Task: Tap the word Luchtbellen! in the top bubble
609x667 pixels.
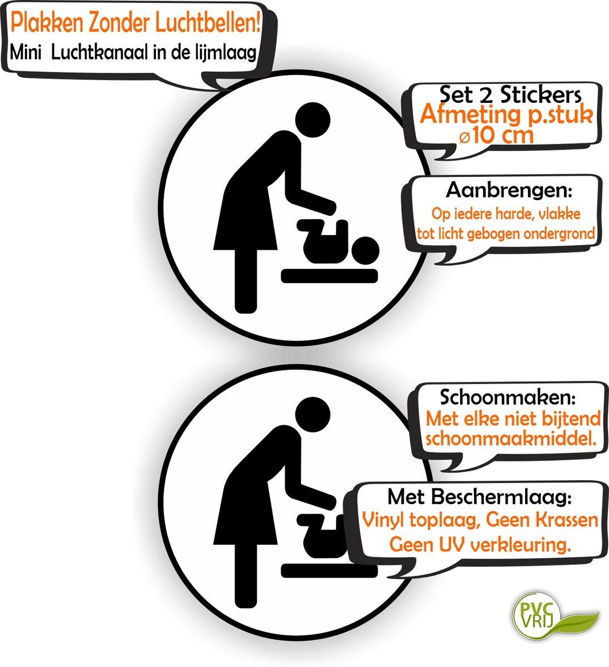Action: tap(212, 23)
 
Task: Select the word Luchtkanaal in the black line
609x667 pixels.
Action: tap(101, 53)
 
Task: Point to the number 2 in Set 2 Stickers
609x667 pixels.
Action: tap(486, 96)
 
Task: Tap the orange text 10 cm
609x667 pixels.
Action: tap(503, 135)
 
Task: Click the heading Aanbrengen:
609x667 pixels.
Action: tap(509, 191)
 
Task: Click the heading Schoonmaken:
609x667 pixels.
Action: tap(508, 397)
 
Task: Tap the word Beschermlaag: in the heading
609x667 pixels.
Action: tap(502, 497)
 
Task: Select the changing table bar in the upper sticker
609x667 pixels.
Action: tap(330, 276)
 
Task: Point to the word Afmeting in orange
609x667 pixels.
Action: tap(470, 115)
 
